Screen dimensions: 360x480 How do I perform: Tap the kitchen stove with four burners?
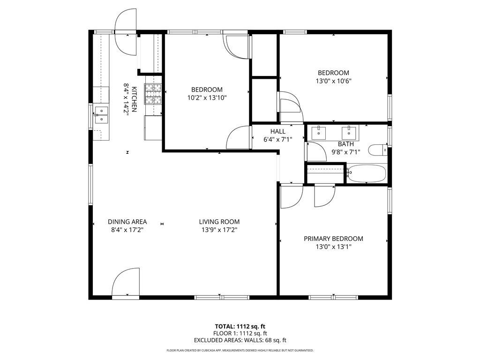click(153, 93)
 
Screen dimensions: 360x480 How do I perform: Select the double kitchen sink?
click(101, 115)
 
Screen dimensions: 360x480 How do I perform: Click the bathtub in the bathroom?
click(367, 173)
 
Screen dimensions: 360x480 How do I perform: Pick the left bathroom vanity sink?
click(319, 132)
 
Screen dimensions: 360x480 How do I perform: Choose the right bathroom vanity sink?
click(348, 132)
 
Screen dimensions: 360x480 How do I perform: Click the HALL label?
click(277, 131)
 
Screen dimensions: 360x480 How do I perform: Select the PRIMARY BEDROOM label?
click(333, 239)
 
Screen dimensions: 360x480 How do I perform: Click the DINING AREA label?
click(127, 222)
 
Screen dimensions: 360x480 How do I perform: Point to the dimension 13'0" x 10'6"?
click(333, 81)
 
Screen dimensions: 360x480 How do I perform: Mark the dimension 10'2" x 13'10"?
click(207, 97)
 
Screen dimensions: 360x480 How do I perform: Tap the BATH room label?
click(346, 144)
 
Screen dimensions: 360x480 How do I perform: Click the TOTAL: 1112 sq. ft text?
click(240, 326)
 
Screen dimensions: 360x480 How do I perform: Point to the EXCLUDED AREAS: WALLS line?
click(240, 340)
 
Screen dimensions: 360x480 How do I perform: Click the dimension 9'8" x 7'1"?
click(346, 152)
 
